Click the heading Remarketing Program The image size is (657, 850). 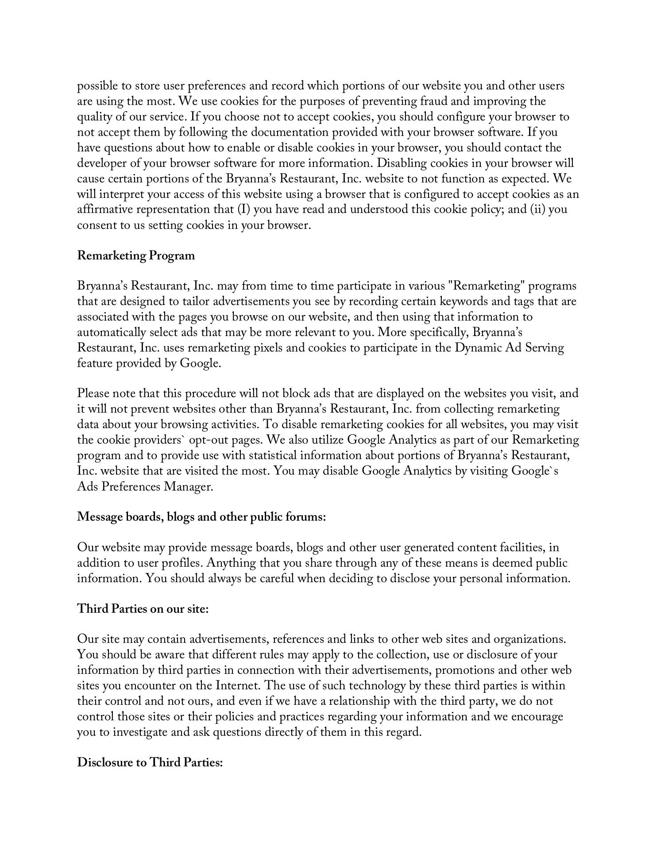tap(136, 255)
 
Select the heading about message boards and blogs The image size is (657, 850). tap(201, 517)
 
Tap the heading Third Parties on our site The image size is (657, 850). tap(143, 609)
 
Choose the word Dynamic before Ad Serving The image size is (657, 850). tap(476, 348)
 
